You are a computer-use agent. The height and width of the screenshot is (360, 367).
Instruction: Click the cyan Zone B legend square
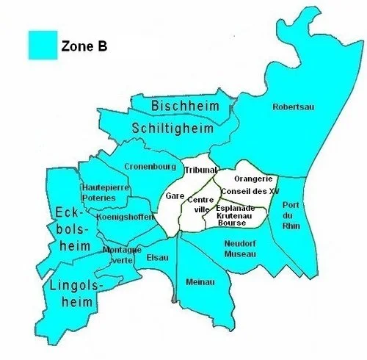(43, 44)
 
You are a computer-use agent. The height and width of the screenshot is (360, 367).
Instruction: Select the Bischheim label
(185, 107)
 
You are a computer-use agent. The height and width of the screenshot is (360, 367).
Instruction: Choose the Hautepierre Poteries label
(99, 192)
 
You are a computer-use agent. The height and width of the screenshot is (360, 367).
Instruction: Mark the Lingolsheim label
(73, 292)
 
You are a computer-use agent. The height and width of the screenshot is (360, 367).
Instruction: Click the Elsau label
(157, 257)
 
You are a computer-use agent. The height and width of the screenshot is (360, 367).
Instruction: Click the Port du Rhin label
(291, 217)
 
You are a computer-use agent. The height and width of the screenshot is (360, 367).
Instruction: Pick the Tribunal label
(200, 170)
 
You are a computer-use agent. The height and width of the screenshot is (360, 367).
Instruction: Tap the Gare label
(174, 196)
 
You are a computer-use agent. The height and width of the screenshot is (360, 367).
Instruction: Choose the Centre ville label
(199, 204)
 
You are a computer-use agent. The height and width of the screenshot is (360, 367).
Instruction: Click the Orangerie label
(253, 178)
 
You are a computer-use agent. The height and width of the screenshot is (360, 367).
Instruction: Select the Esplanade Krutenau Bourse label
(235, 215)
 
